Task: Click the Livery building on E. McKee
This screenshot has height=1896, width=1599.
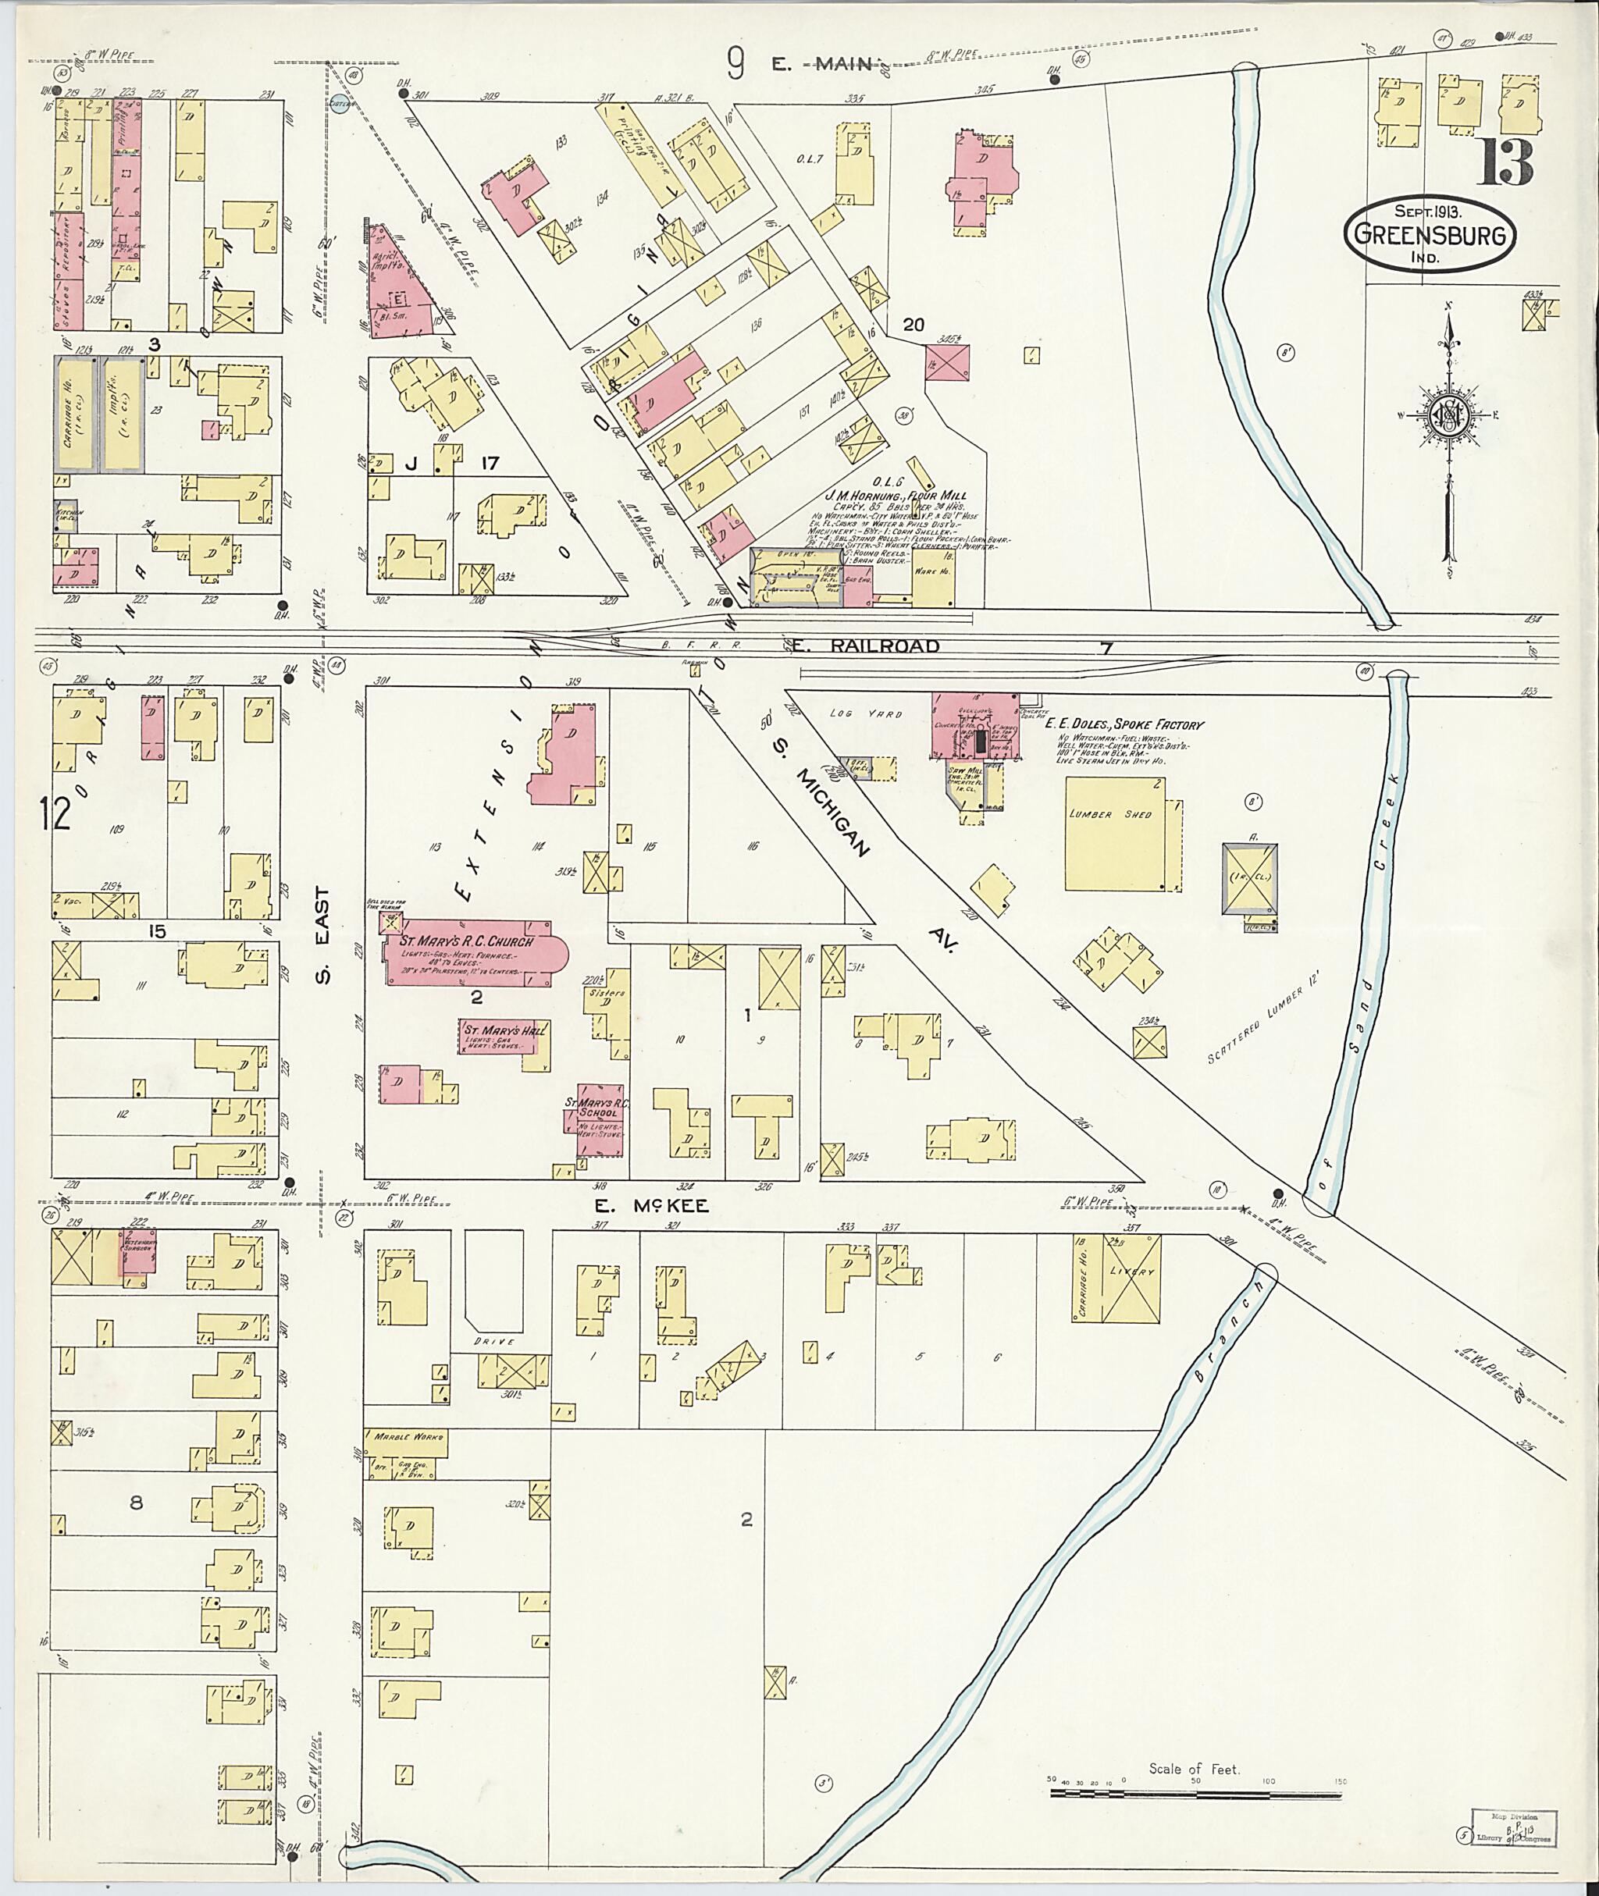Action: pos(1131,1278)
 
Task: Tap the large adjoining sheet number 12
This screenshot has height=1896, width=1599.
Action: pos(55,813)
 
